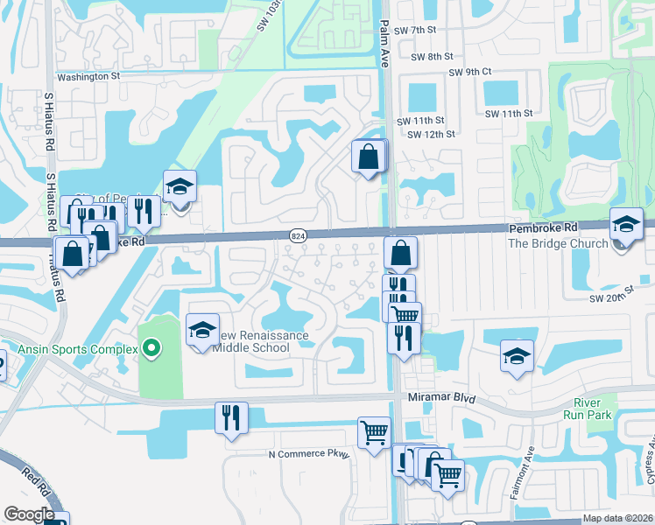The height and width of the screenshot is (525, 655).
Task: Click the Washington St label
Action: (88, 76)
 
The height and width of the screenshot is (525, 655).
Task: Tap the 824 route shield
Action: (297, 234)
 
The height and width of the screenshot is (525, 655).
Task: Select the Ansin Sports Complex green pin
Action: (151, 349)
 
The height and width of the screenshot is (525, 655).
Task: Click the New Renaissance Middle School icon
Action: (202, 332)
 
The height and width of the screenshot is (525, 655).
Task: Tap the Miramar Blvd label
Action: (441, 397)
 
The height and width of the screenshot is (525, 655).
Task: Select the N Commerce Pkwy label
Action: (308, 454)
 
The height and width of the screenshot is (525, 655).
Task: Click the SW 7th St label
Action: (415, 31)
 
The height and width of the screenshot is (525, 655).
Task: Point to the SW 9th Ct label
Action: (470, 73)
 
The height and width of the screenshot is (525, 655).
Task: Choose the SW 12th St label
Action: (432, 134)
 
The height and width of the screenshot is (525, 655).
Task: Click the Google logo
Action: (28, 514)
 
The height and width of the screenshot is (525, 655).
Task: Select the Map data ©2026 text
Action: (616, 518)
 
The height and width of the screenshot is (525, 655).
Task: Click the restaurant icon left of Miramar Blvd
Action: (231, 417)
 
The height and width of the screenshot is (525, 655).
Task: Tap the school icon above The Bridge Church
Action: (627, 224)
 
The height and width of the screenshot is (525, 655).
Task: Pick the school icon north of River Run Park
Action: (517, 355)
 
